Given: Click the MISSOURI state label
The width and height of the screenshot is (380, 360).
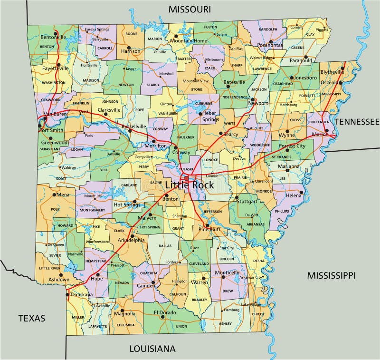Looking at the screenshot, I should click(190, 9).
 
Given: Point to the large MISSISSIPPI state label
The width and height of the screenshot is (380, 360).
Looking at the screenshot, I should click(331, 275).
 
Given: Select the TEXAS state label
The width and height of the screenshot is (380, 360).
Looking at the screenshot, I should click(32, 318).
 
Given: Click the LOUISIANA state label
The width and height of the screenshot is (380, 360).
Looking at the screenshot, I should click(152, 349).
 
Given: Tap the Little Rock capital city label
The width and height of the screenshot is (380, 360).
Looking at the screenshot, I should click(190, 185).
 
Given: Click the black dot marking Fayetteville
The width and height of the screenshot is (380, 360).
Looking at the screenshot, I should click(59, 65).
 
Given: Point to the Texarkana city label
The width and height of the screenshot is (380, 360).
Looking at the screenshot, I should click(81, 295).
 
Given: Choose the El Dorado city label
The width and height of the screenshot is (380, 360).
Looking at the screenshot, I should click(164, 312).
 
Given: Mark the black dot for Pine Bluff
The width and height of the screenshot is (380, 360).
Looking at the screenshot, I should click(207, 225).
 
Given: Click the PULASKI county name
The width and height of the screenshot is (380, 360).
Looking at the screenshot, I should click(186, 169).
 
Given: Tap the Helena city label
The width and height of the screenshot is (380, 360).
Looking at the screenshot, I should click(294, 195).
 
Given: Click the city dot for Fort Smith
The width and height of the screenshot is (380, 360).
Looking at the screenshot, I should click(39, 126).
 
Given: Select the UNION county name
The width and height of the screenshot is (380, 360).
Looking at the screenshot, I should click(181, 326).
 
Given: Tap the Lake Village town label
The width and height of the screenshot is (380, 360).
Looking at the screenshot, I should click(251, 304).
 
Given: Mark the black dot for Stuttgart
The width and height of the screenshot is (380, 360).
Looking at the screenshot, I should click(237, 197).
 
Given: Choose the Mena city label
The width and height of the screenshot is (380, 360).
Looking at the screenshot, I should click(63, 195).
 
